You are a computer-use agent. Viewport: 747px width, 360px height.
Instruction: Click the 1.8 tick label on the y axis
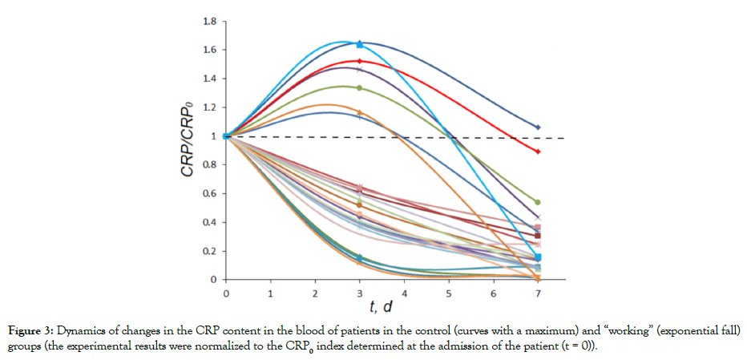pyautogui.click(x=208, y=21)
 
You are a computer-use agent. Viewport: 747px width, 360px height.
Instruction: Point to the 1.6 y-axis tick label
pyautogui.click(x=208, y=50)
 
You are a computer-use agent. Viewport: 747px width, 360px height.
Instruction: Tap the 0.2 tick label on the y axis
pyautogui.click(x=208, y=251)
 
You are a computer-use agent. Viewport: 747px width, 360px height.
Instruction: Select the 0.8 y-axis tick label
pyautogui.click(x=208, y=165)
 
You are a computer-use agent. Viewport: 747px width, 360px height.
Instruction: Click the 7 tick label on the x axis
pyautogui.click(x=538, y=294)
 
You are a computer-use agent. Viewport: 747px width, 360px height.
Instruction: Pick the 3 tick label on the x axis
pyautogui.click(x=359, y=294)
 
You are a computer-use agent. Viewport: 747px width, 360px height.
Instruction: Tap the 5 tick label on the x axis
pyautogui.click(x=449, y=294)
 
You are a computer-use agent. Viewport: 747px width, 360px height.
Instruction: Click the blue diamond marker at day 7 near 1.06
pyautogui.click(x=538, y=127)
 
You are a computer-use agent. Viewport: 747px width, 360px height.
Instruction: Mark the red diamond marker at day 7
pyautogui.click(x=538, y=152)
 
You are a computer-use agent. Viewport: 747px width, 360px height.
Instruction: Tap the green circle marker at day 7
pyautogui.click(x=538, y=202)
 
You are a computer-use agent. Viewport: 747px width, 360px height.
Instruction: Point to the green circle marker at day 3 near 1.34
pyautogui.click(x=359, y=87)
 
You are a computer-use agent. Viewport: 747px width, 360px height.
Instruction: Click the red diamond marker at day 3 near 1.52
pyautogui.click(x=359, y=62)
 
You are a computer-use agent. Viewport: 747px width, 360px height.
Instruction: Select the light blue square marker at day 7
pyautogui.click(x=538, y=257)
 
